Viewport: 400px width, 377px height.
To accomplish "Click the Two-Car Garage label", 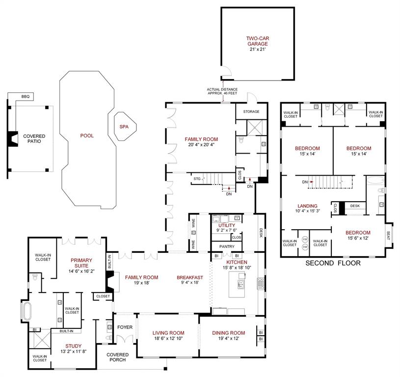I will click(x=257, y=41).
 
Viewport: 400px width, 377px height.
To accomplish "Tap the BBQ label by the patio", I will click(x=25, y=97).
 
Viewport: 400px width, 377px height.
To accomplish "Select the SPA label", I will click(x=124, y=127).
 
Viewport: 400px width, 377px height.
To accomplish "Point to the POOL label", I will click(x=87, y=135).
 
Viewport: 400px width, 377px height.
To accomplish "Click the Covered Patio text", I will click(x=34, y=138).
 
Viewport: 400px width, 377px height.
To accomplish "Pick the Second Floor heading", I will click(x=333, y=263).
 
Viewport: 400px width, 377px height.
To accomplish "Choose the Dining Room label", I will click(x=228, y=333).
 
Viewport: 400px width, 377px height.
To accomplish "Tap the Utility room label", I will click(x=227, y=225).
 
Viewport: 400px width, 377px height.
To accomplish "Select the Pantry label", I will click(x=226, y=246).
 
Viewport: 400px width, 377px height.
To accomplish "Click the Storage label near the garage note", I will click(x=251, y=111).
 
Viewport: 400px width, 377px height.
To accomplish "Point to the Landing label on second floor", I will click(x=307, y=206).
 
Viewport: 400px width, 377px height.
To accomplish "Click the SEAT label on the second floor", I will click(x=389, y=234).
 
